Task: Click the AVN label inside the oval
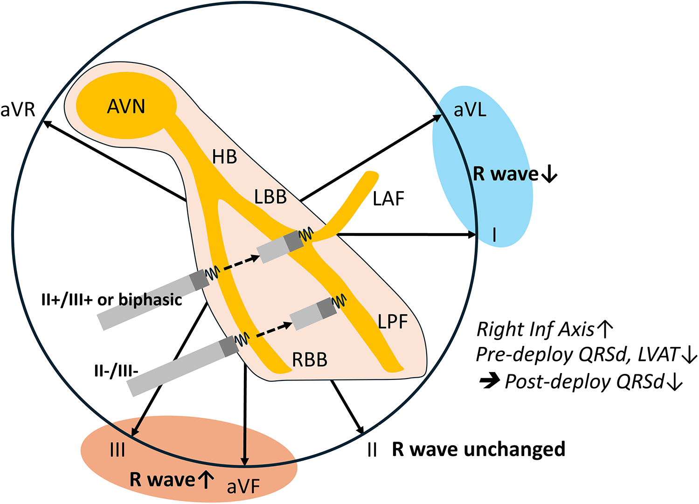coord(126,107)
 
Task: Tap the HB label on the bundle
coord(224,157)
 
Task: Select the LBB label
coord(270,197)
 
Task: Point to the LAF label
coord(388,199)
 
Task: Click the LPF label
coord(393,322)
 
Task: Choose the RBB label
coord(310,360)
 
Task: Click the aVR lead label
coord(18,110)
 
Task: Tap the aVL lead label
coord(470,110)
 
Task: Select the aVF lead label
coord(243,487)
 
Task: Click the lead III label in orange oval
coord(117,451)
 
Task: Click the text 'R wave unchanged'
coord(478,449)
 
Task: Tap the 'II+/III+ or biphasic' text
coord(111,300)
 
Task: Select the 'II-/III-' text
coord(116,372)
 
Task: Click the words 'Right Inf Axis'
coord(535,330)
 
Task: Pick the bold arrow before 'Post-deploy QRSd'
coord(490,382)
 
